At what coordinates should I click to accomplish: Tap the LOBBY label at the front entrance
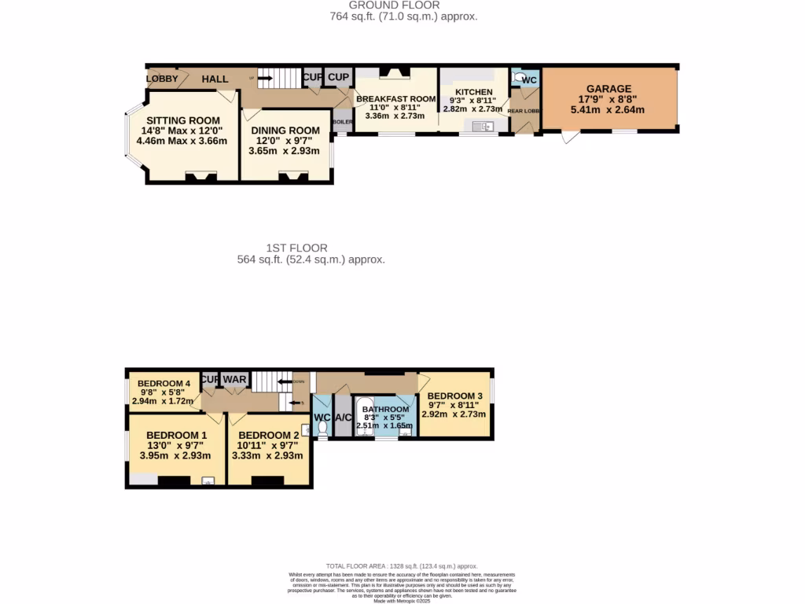point(162,79)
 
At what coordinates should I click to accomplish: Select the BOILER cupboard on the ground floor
point(343,122)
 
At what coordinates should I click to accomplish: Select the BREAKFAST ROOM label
point(395,99)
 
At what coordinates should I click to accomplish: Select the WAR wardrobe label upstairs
point(234,380)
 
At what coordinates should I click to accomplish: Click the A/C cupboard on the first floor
point(343,418)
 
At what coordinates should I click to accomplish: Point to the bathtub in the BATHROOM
point(366,418)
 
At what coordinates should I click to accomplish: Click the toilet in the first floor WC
point(322,427)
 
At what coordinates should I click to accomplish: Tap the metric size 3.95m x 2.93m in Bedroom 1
point(175,455)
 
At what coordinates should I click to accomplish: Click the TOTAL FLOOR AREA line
point(402,566)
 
